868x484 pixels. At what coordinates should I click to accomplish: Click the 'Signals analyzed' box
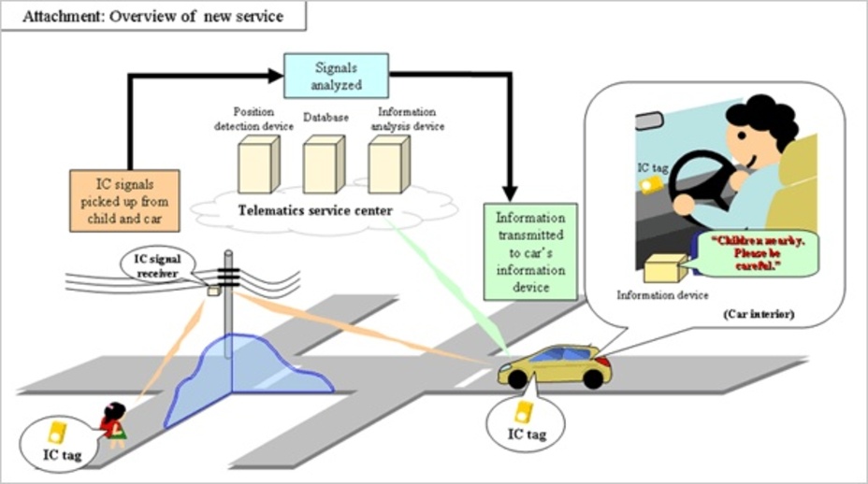(x=336, y=76)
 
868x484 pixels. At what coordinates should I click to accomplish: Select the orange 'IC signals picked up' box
(x=124, y=201)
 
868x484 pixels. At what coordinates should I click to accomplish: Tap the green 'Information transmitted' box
(x=530, y=252)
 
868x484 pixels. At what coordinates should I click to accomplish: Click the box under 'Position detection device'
(x=258, y=164)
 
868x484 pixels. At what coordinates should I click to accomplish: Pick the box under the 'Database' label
(x=324, y=164)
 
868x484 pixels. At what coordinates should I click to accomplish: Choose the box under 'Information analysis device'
(x=389, y=164)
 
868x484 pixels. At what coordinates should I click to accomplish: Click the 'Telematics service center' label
(x=315, y=211)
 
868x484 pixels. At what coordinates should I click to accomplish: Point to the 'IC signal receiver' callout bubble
(x=158, y=266)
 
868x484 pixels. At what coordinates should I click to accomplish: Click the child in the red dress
(x=113, y=424)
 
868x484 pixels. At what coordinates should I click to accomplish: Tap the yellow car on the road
(x=556, y=366)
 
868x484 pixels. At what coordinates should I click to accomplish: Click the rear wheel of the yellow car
(x=593, y=379)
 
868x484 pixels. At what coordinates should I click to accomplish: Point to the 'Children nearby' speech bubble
(x=756, y=254)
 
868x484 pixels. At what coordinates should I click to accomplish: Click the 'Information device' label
(x=662, y=295)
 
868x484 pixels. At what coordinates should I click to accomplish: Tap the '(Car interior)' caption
(x=759, y=314)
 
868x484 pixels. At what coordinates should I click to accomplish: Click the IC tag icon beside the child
(x=57, y=433)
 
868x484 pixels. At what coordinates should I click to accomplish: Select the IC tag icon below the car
(x=524, y=413)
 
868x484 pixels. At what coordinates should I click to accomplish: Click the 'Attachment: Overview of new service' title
(x=152, y=16)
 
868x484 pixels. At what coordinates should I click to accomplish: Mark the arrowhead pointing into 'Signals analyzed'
(x=276, y=76)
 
